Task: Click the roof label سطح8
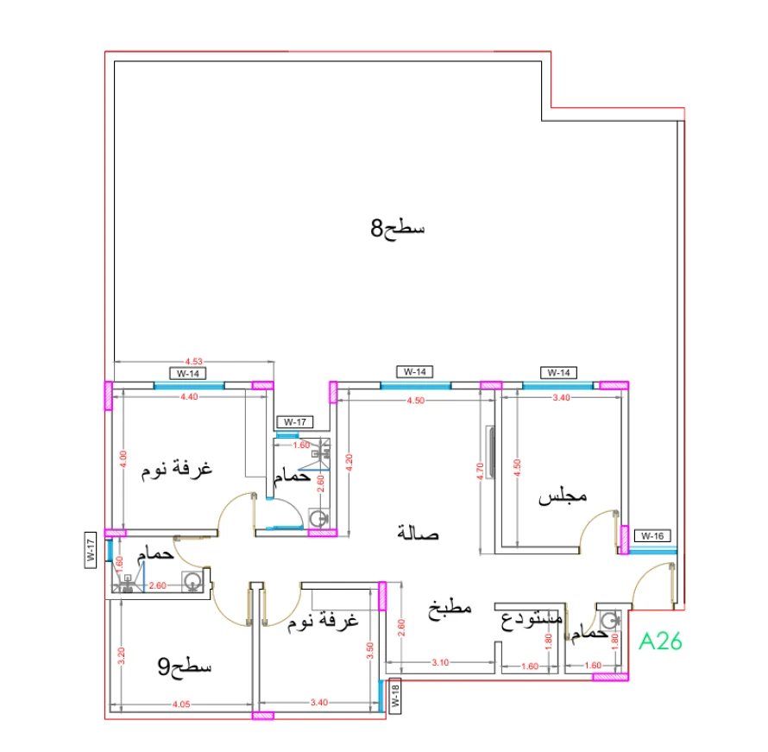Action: pyautogui.click(x=398, y=229)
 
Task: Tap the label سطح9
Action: pyautogui.click(x=185, y=667)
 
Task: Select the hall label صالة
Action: pyautogui.click(x=419, y=534)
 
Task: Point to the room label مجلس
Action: pyautogui.click(x=563, y=497)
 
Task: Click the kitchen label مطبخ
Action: pyautogui.click(x=450, y=608)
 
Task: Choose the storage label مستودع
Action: pyautogui.click(x=532, y=619)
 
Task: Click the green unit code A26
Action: pyautogui.click(x=660, y=641)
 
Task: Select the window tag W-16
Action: pyautogui.click(x=652, y=536)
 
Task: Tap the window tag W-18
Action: pyautogui.click(x=394, y=696)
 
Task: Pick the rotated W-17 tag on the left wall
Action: pyautogui.click(x=90, y=551)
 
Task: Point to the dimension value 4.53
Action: pyautogui.click(x=194, y=362)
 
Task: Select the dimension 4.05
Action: pyautogui.click(x=180, y=705)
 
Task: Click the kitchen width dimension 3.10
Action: pyautogui.click(x=439, y=663)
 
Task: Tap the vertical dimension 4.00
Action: pyautogui.click(x=122, y=459)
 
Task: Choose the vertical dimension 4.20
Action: pyautogui.click(x=348, y=460)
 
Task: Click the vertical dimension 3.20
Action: pyautogui.click(x=122, y=655)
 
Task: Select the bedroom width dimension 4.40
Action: pyautogui.click(x=189, y=397)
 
